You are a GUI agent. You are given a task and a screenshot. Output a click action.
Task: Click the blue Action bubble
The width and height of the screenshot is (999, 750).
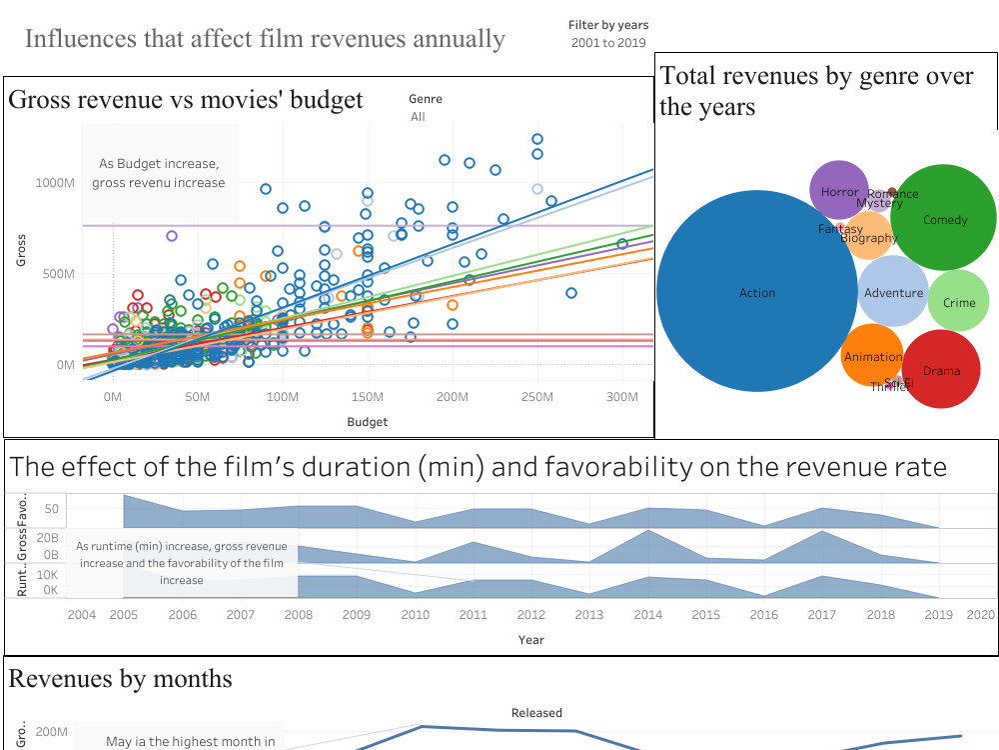pyautogui.click(x=756, y=293)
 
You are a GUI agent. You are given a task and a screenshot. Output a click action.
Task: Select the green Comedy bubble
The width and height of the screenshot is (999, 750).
pyautogui.click(x=944, y=220)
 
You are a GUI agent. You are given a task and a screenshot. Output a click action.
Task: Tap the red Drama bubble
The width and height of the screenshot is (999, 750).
pyautogui.click(x=941, y=371)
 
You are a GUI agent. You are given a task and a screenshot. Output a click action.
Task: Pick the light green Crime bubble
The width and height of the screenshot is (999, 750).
pyautogui.click(x=959, y=302)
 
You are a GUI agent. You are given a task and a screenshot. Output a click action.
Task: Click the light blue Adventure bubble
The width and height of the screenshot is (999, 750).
pyautogui.click(x=893, y=293)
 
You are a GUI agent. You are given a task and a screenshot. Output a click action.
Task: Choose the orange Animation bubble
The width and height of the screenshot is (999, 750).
pyautogui.click(x=872, y=357)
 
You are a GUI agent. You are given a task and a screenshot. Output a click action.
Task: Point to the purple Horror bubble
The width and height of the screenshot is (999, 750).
pyautogui.click(x=839, y=191)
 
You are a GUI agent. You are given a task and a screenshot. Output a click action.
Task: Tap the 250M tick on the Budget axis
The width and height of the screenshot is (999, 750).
pyautogui.click(x=536, y=398)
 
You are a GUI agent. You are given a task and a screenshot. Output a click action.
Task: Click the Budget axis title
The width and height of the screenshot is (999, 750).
pyautogui.click(x=367, y=422)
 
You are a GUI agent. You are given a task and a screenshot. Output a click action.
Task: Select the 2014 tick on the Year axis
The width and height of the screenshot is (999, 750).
pyautogui.click(x=647, y=615)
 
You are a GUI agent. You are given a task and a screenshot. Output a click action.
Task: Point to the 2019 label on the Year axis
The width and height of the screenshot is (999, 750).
pyautogui.click(x=939, y=615)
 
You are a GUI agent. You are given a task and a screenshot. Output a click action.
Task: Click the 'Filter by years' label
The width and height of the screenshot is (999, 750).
pyautogui.click(x=608, y=25)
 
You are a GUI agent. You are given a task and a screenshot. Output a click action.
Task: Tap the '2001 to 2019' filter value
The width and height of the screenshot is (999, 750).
pyautogui.click(x=608, y=43)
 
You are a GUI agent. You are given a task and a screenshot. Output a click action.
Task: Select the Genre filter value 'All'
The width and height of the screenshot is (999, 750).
pyautogui.click(x=418, y=117)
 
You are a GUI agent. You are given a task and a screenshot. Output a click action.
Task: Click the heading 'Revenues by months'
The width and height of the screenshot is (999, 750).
pyautogui.click(x=120, y=679)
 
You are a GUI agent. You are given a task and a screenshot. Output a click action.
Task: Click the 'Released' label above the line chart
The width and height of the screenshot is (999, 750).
pyautogui.click(x=536, y=713)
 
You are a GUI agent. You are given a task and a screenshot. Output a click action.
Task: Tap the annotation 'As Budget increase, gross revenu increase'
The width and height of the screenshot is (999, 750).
pyautogui.click(x=159, y=173)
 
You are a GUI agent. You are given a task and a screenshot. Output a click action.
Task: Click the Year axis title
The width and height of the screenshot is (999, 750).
pyautogui.click(x=530, y=639)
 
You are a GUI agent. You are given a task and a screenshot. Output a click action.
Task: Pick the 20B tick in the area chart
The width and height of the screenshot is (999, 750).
pyautogui.click(x=47, y=538)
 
